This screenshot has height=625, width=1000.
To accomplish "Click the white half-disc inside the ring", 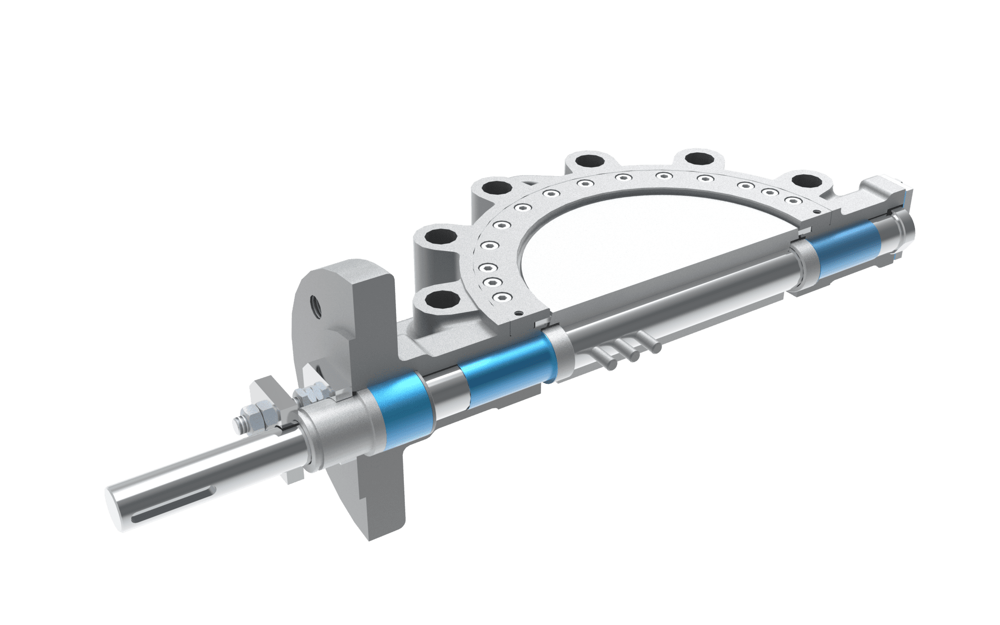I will (635, 234).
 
